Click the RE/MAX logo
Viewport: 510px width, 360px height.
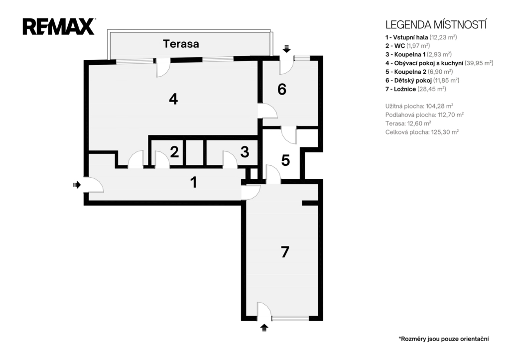coord(59,27)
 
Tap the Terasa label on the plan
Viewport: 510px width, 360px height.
coord(181,44)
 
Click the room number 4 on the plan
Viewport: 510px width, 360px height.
coord(173,99)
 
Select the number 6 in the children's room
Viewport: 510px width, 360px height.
coord(282,89)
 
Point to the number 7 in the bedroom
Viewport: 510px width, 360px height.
coord(285,252)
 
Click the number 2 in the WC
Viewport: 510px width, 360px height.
coord(174,152)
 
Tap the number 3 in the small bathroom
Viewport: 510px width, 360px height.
coord(245,152)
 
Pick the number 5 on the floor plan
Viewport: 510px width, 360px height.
coord(285,160)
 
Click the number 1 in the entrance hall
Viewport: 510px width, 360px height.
coord(194,182)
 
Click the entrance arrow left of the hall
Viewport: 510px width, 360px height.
coord(77,185)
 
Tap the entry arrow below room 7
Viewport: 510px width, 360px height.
coord(264,328)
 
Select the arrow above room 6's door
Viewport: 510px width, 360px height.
coord(286,49)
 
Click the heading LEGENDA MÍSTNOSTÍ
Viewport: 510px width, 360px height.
coord(436,25)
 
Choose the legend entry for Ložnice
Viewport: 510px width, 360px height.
coord(416,89)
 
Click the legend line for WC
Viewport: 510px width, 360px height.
coord(407,46)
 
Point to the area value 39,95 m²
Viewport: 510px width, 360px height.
coord(479,63)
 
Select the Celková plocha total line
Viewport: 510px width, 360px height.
coord(422,132)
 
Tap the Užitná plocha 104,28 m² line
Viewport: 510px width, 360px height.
coord(419,106)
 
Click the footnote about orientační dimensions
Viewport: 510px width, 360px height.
coord(444,339)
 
